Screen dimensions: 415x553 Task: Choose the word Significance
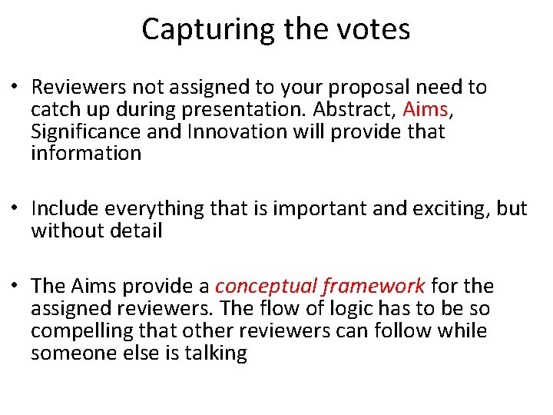[86, 132]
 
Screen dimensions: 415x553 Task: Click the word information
[86, 154]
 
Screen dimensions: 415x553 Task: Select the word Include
[65, 209]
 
